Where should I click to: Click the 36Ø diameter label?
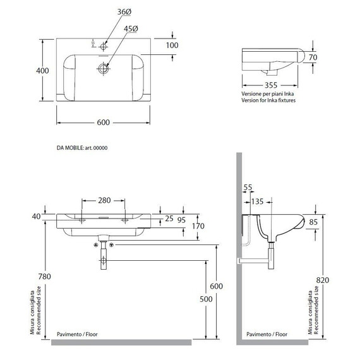124,12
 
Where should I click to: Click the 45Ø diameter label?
131,29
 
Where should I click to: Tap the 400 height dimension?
42,71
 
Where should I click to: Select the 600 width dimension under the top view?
104,123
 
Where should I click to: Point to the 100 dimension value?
172,45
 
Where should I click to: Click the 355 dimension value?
271,85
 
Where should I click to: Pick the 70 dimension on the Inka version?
313,57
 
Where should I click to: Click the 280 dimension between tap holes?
104,200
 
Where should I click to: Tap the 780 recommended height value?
45,277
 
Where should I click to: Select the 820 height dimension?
323,280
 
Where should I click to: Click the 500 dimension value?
206,299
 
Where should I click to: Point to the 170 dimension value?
198,226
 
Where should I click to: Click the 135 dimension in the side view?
257,201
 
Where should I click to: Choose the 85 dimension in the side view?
313,222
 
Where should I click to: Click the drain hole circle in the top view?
104,68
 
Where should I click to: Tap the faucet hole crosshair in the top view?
104,47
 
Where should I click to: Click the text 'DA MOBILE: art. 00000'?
82,148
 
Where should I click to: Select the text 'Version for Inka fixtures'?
268,100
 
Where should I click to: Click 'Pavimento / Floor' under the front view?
77,334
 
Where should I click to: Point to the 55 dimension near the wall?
248,188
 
